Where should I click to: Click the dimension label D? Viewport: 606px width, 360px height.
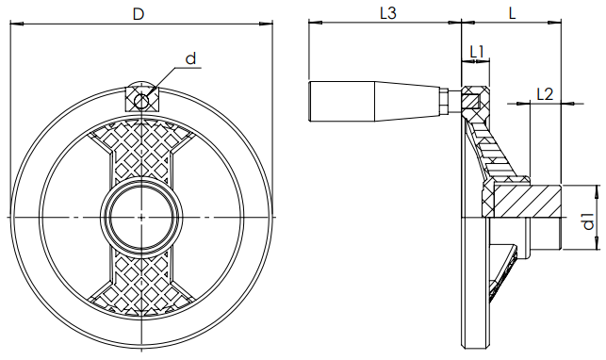[138, 14]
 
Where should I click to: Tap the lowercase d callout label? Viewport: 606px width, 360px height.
[191, 58]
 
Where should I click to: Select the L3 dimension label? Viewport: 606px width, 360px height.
[388, 13]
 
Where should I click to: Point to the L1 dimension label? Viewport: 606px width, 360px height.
[477, 52]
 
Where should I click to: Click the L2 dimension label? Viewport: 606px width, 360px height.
[546, 94]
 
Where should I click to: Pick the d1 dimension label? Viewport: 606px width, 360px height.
[589, 221]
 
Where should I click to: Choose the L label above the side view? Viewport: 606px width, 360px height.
[512, 13]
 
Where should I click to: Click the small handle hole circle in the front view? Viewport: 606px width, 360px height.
[141, 101]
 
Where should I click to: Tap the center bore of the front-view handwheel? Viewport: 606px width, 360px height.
[141, 218]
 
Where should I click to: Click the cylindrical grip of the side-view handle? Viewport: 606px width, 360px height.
[342, 102]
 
